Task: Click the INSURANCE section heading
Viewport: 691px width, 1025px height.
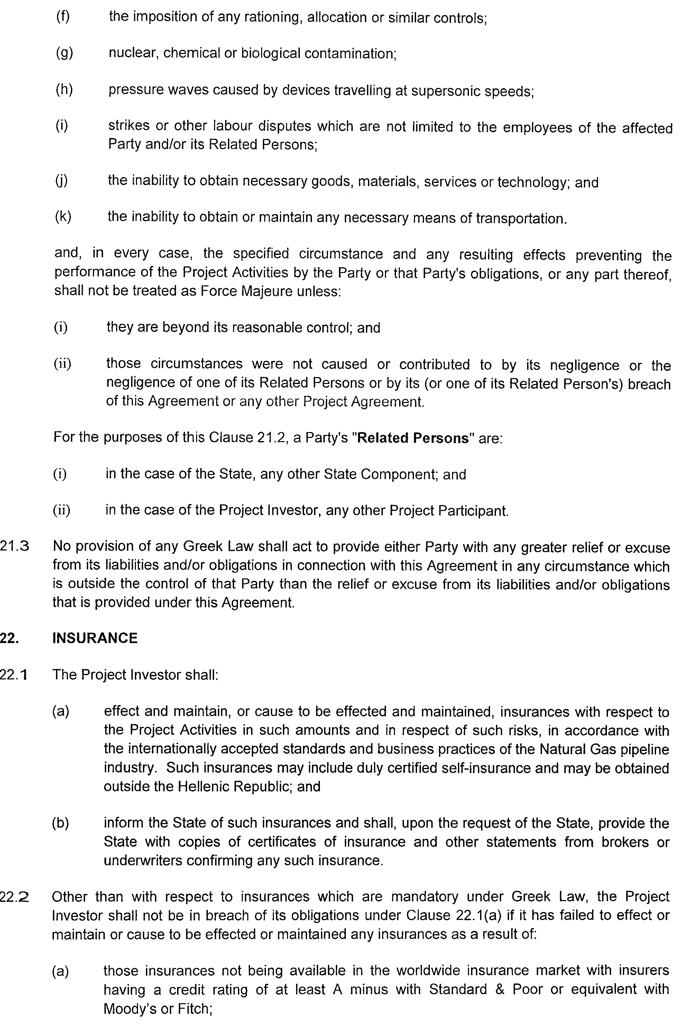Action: (95, 639)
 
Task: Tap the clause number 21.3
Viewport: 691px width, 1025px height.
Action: (15, 547)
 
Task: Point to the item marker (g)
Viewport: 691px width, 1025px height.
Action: (64, 53)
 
